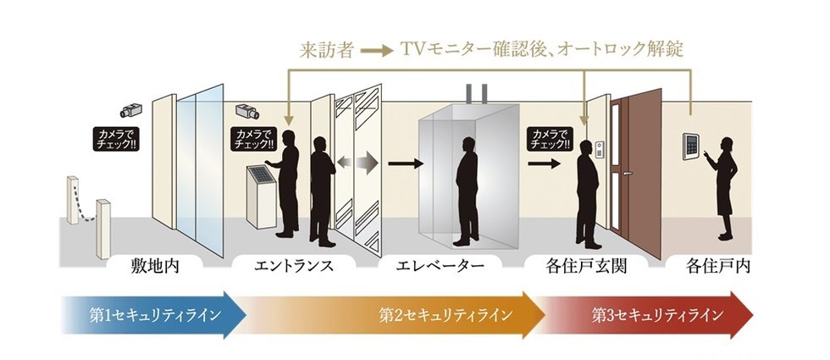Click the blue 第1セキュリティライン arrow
[153, 315]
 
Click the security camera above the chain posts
[131, 109]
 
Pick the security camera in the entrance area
[247, 111]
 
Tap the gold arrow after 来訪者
[377, 51]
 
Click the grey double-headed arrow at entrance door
[357, 163]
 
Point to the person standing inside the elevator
[467, 191]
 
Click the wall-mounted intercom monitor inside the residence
[691, 146]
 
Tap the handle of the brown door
[628, 173]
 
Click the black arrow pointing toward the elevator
[406, 163]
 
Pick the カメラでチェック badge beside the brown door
[550, 139]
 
